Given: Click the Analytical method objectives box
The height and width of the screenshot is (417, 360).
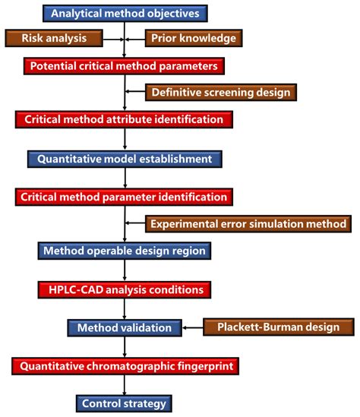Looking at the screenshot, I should click(125, 13).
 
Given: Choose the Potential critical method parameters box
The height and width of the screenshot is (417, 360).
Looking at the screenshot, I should click(125, 66).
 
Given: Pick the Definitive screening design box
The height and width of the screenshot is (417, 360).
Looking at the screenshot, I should click(220, 93).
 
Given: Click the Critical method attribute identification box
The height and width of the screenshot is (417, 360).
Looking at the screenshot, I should click(125, 119).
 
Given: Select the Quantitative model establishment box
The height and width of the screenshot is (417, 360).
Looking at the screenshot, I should click(125, 159).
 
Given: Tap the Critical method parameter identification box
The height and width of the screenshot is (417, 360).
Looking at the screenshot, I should click(125, 197).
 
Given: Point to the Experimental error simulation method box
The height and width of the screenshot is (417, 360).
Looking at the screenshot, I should click(249, 223).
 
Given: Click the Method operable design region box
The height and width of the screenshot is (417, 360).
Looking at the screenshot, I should click(125, 251).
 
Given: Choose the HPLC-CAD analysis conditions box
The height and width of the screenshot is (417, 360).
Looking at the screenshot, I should click(125, 289).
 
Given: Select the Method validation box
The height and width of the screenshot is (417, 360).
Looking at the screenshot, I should click(125, 328).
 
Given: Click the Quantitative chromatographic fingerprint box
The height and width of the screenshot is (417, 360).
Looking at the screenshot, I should click(125, 367).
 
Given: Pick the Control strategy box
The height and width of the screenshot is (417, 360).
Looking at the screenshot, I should click(125, 403).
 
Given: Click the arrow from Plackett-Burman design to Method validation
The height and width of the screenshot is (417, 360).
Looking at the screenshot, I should click(193, 328).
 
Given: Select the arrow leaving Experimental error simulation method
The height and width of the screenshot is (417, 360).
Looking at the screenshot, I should click(135, 223).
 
